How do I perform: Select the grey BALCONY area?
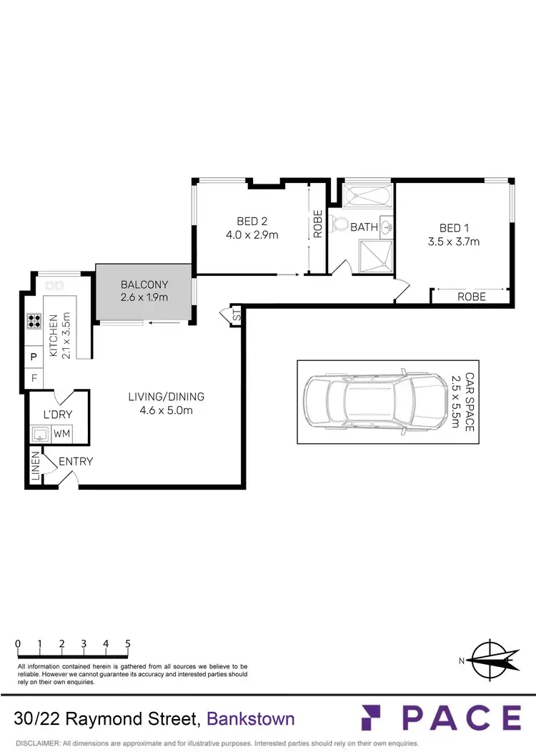click(144, 292)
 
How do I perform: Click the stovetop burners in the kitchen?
click(34, 321)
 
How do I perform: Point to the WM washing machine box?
click(61, 433)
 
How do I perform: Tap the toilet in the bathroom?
click(339, 225)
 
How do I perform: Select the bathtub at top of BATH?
click(367, 194)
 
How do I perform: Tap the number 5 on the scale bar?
click(128, 643)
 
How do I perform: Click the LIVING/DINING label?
click(166, 397)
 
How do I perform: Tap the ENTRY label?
click(76, 461)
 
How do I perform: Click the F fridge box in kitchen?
click(34, 377)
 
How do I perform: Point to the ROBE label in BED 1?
click(472, 296)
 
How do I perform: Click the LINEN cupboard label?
click(34, 465)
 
